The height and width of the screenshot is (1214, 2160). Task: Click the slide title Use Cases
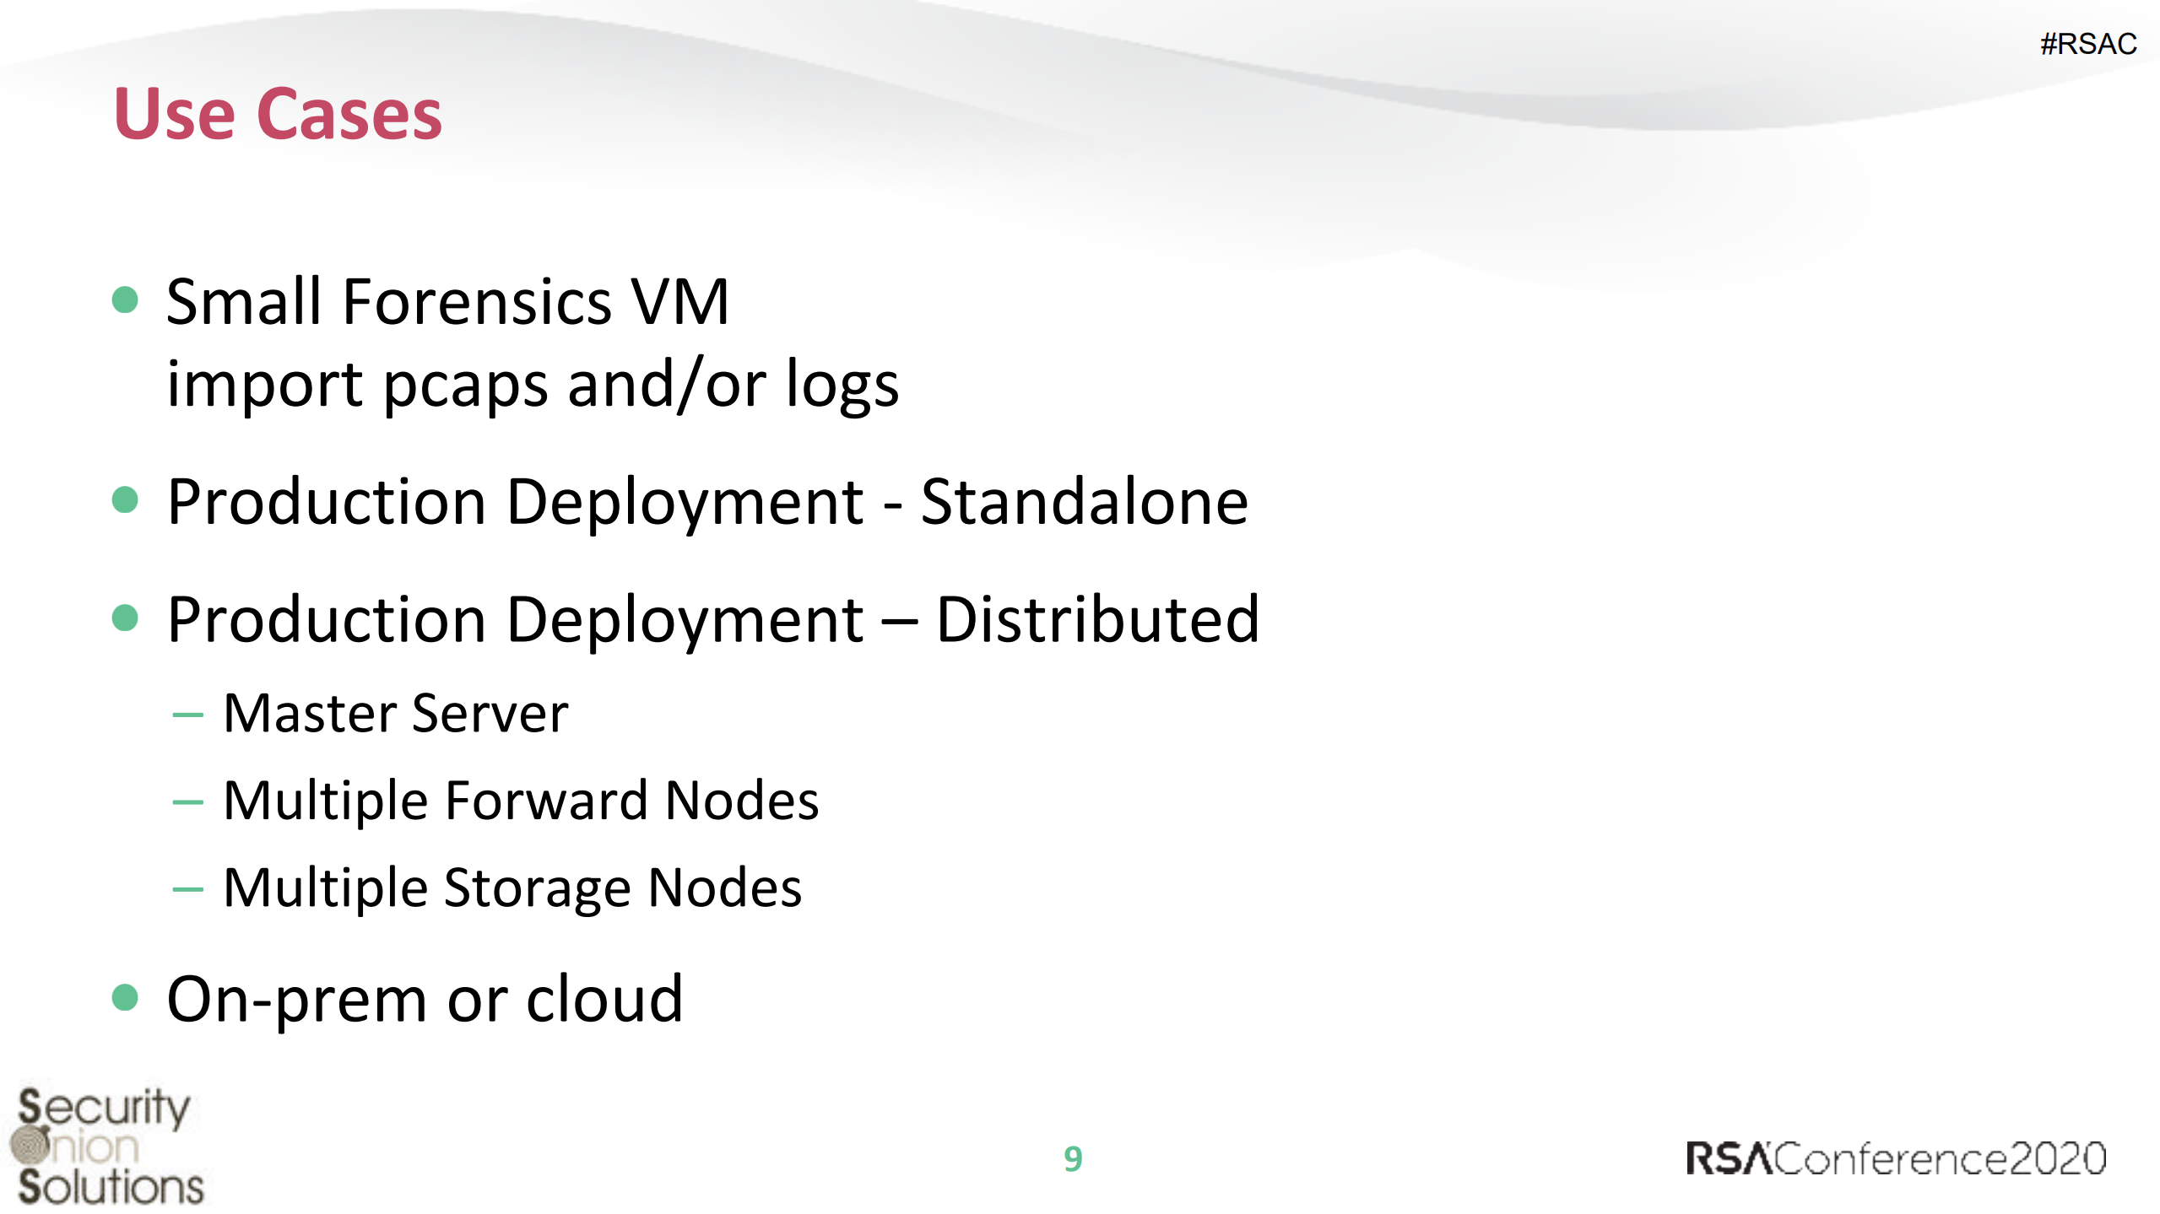[278, 114]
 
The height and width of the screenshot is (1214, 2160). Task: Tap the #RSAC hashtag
[2087, 44]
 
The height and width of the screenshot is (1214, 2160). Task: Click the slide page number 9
[1073, 1159]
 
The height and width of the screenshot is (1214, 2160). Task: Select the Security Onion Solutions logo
[107, 1146]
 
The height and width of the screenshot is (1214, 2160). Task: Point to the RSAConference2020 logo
[1896, 1158]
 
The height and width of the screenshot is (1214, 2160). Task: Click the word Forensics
[477, 302]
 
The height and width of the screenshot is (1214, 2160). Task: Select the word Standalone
[1084, 502]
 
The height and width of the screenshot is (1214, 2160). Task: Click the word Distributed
[1097, 619]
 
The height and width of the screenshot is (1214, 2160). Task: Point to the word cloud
[604, 999]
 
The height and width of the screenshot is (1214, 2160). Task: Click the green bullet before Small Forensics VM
[125, 299]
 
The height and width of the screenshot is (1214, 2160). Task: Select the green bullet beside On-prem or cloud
[125, 997]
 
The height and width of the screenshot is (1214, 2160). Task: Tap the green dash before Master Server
[187, 715]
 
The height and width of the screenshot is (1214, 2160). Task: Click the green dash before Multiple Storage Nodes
[187, 888]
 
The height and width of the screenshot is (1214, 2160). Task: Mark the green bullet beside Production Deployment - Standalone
[125, 499]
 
